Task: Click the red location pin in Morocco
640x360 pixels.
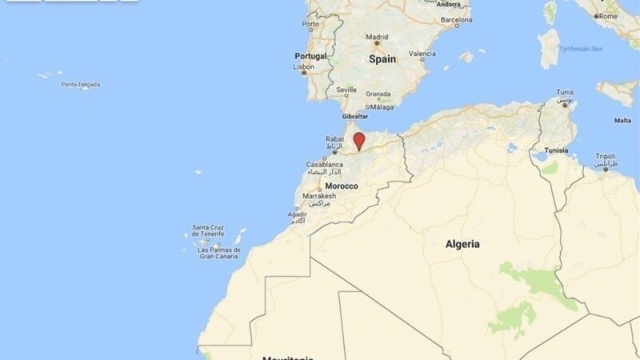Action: tap(359, 141)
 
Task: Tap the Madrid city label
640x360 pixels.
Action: tap(377, 37)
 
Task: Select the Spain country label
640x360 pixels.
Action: tap(382, 59)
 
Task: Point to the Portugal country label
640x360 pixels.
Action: tap(310, 56)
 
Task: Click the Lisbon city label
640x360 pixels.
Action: tap(304, 67)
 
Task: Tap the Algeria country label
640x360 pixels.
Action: tap(462, 244)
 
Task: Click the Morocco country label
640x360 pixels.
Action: tap(342, 186)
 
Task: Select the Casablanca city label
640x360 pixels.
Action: tap(325, 165)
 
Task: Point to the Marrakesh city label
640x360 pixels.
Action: tap(318, 196)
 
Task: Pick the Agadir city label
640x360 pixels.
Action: tap(298, 214)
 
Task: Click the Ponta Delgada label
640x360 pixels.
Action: tap(80, 84)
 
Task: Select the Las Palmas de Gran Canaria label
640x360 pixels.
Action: tap(218, 253)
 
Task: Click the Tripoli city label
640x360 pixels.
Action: tap(606, 156)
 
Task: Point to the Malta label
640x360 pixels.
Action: tap(622, 121)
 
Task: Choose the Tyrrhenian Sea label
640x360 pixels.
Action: tap(580, 49)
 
